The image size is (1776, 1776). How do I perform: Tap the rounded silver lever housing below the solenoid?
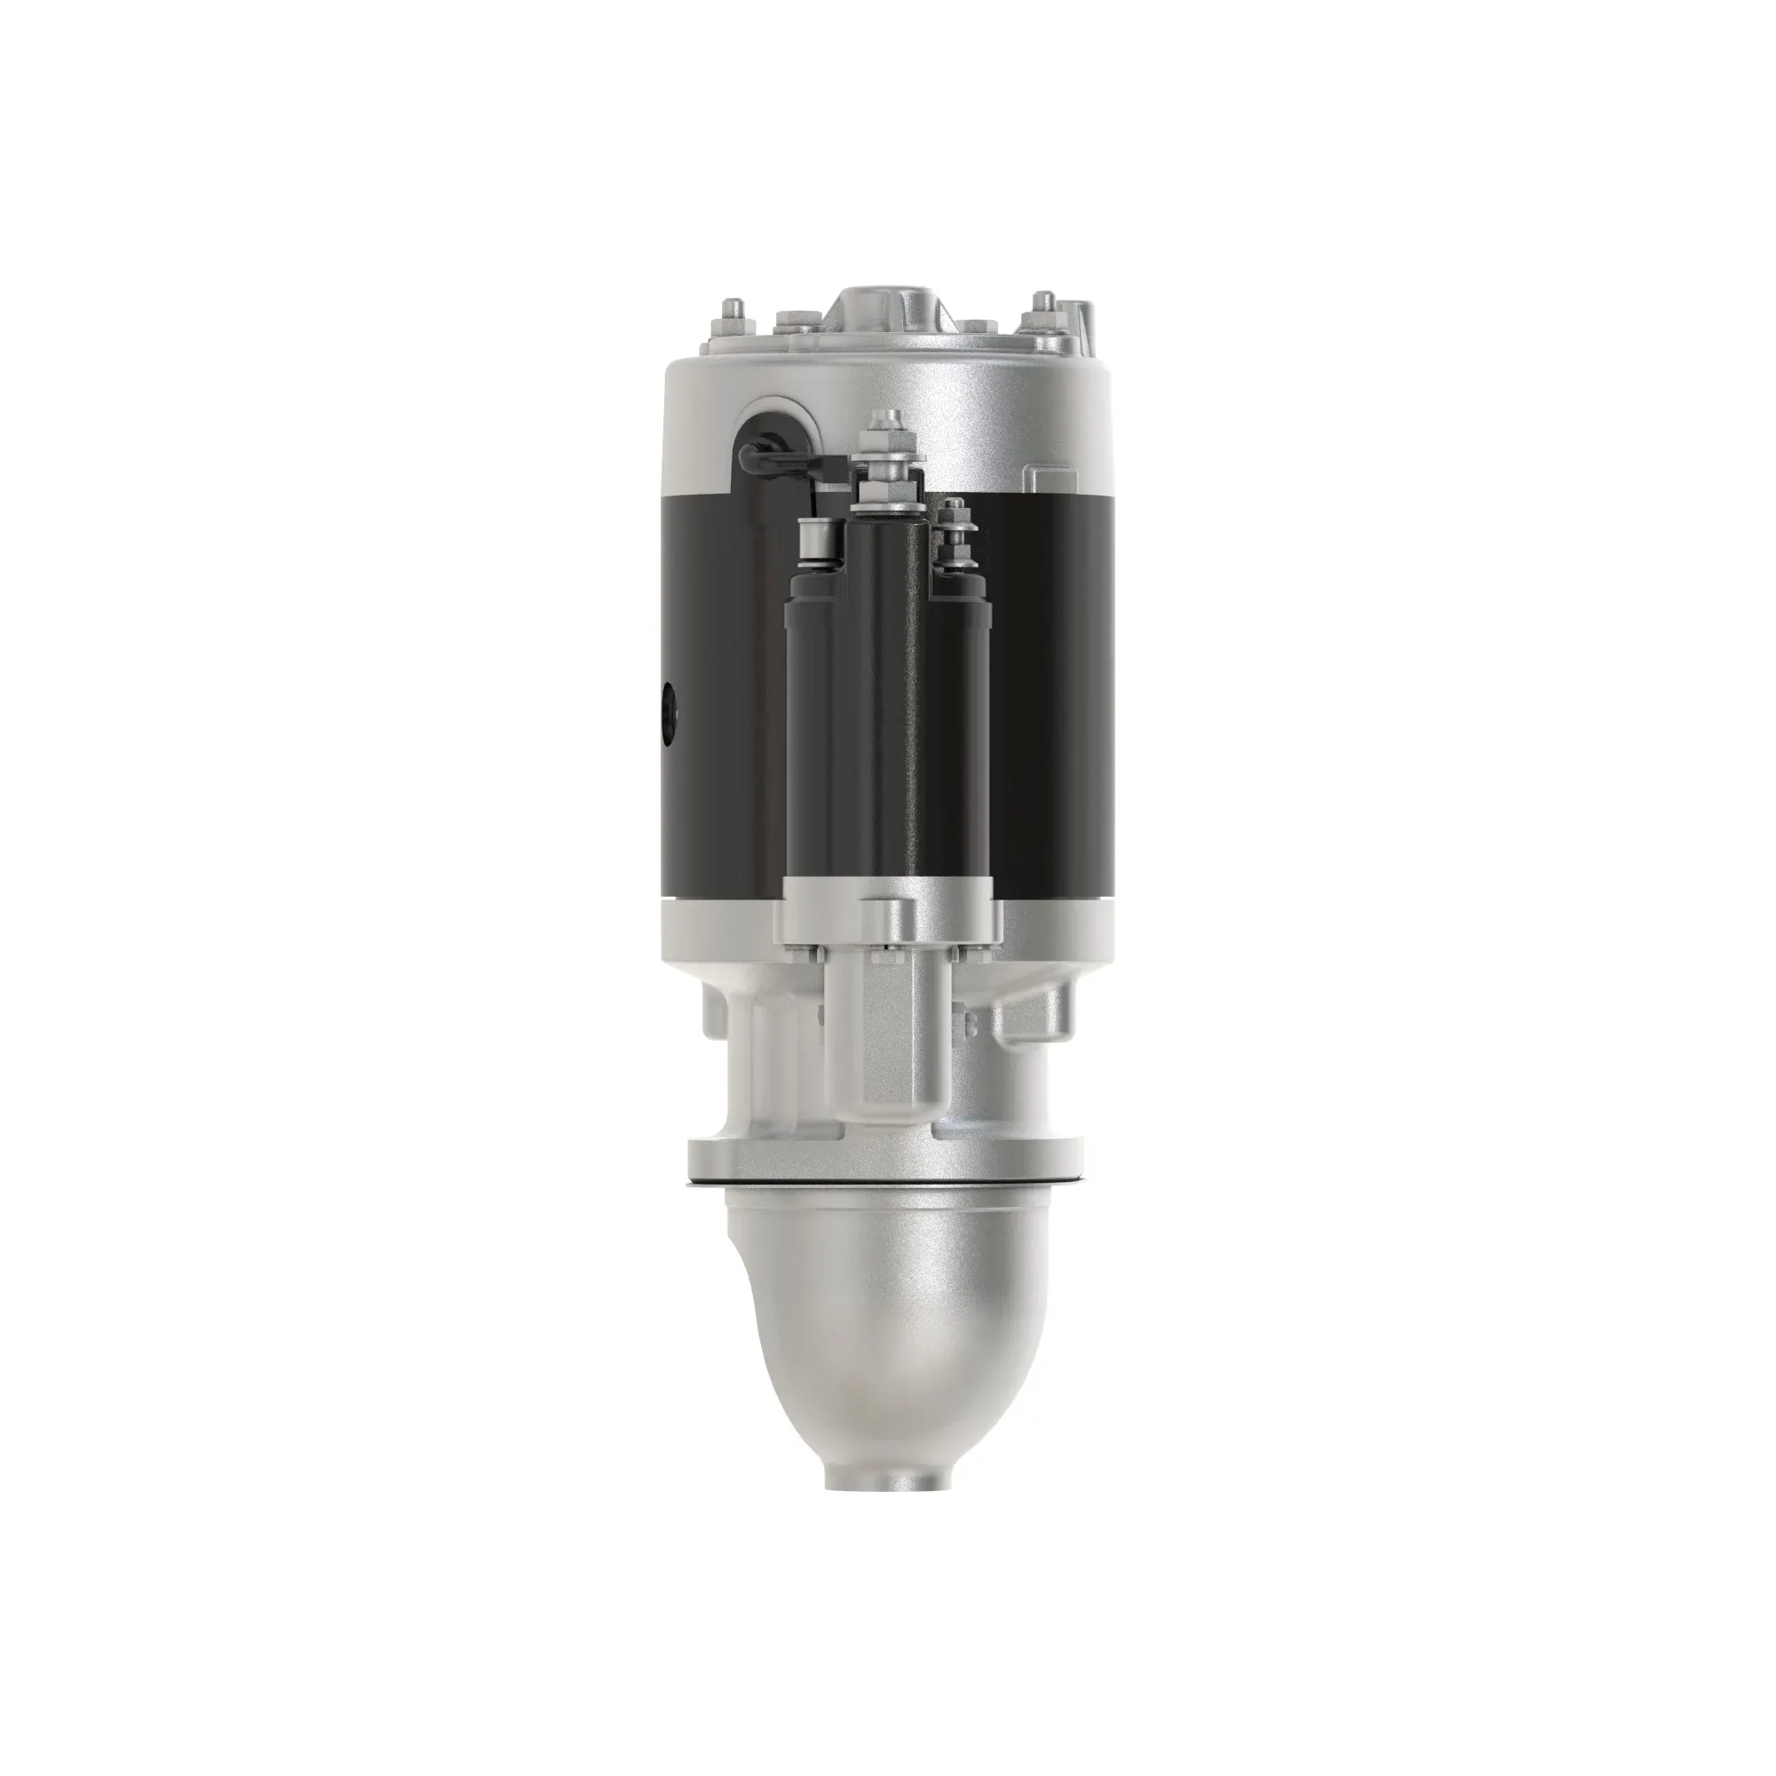[883, 1039]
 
